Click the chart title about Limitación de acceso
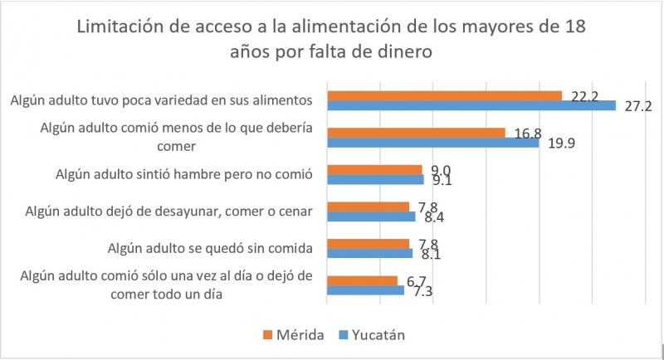click(x=331, y=39)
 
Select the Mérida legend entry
click(x=295, y=335)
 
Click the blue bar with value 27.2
click(x=471, y=105)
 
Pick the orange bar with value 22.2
click(x=445, y=95)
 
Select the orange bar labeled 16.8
click(x=416, y=133)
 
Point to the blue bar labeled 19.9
click(x=432, y=143)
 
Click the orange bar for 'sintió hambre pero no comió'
click(x=374, y=169)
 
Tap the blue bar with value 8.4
click(x=371, y=216)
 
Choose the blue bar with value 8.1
click(x=370, y=254)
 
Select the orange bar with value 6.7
click(x=362, y=281)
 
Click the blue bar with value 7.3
click(x=365, y=291)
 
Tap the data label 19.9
click(x=559, y=144)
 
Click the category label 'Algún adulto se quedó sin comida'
click(x=210, y=248)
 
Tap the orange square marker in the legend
click(x=267, y=335)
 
